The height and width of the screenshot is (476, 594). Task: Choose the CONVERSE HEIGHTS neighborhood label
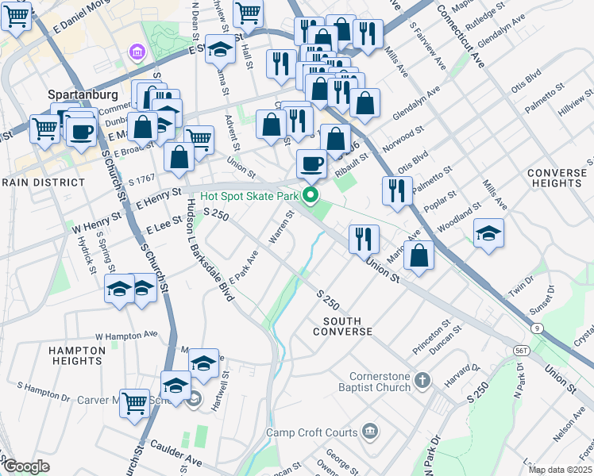(557, 178)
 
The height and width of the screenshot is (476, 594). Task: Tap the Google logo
(26, 466)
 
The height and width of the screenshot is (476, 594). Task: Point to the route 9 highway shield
(538, 327)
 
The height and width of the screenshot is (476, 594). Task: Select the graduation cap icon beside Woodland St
(488, 233)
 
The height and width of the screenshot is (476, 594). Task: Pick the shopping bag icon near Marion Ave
(418, 255)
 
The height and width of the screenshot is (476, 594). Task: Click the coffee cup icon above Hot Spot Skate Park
(310, 163)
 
